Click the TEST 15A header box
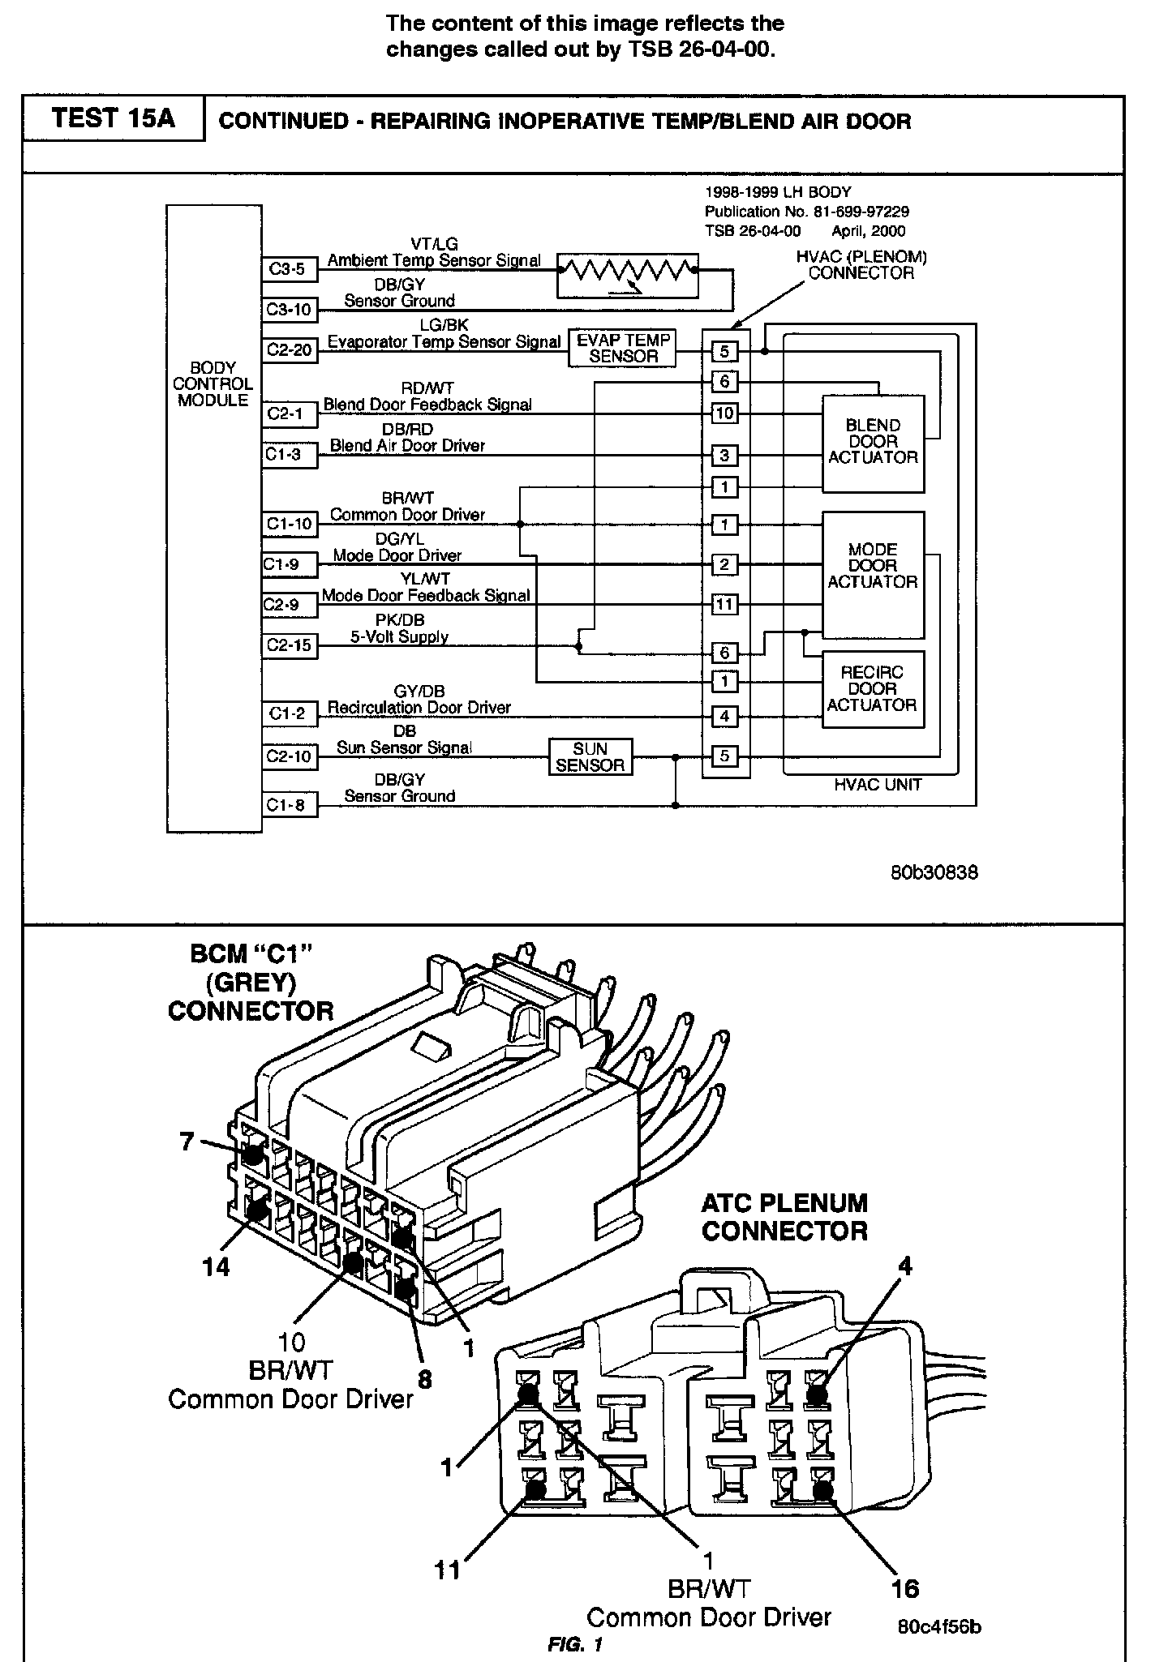coord(113,118)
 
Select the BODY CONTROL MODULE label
coord(213,384)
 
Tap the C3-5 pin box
coord(288,269)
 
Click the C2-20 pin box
coord(289,350)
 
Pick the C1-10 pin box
coord(289,525)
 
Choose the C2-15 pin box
coord(289,645)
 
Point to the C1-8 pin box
coord(288,805)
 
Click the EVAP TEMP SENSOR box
coord(623,348)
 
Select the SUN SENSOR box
coord(590,757)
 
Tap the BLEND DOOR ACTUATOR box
coord(873,443)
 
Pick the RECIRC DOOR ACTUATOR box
coord(873,690)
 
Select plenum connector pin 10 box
coord(724,413)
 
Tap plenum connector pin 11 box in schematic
coord(724,604)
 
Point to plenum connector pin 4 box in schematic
coord(724,717)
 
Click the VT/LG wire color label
coord(434,244)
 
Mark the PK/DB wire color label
coord(400,620)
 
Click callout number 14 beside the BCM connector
coord(216,1266)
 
